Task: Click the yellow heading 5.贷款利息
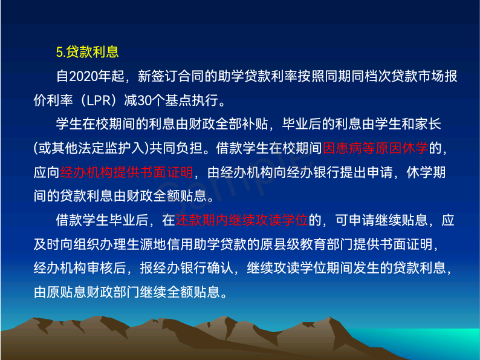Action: click(x=87, y=52)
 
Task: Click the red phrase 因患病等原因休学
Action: click(x=375, y=148)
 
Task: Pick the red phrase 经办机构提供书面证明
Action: click(x=127, y=172)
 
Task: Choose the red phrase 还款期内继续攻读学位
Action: click(x=242, y=220)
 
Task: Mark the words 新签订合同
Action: click(x=171, y=76)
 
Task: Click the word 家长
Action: click(x=428, y=124)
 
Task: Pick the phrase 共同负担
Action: click(x=176, y=148)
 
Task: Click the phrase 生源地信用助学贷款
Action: click(x=186, y=244)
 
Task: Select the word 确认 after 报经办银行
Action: click(x=220, y=268)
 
